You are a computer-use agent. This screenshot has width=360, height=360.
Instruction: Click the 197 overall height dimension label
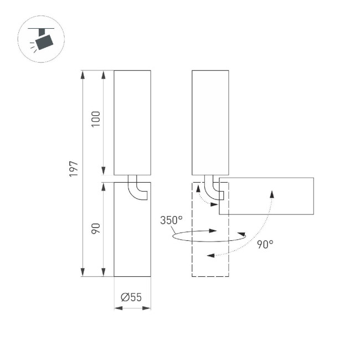click(x=74, y=169)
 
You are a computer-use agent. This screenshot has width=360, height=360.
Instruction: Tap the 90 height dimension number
click(x=96, y=228)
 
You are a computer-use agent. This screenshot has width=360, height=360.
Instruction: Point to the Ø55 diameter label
click(x=131, y=297)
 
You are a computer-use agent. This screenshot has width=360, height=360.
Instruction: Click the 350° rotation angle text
click(x=171, y=220)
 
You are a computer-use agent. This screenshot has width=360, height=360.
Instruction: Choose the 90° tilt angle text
click(x=265, y=244)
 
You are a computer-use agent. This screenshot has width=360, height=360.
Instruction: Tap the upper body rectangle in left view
click(x=132, y=122)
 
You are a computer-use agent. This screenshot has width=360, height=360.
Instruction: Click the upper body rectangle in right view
click(x=210, y=122)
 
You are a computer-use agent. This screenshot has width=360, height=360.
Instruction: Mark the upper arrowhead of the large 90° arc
click(x=272, y=192)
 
